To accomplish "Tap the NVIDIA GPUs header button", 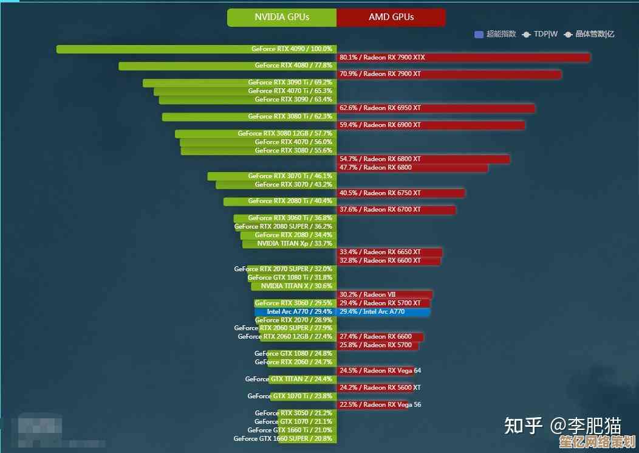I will point(282,17).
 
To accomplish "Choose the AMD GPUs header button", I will point(391,17).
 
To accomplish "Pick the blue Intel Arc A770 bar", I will point(383,312).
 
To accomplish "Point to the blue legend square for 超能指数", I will point(479,34).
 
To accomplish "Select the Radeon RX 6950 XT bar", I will point(436,108).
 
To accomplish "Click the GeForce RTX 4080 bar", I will point(228,66).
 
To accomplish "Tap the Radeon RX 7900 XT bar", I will point(449,74).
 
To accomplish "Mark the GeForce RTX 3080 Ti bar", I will point(249,117).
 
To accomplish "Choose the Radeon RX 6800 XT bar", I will point(423,159).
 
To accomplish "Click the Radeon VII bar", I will point(384,295).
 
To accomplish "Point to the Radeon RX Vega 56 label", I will point(389,405).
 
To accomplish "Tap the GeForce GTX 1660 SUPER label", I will point(283,438).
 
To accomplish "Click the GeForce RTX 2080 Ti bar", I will point(280,201).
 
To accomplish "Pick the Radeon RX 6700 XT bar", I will point(396,210).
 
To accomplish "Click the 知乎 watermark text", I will point(524,426).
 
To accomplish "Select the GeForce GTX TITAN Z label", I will point(289,379).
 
